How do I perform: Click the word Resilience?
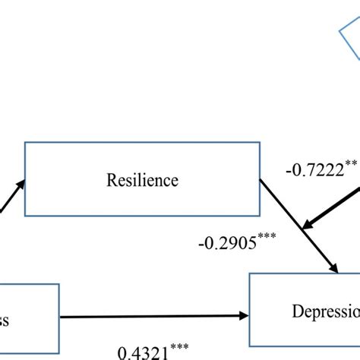(143, 181)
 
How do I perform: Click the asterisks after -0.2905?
(266, 238)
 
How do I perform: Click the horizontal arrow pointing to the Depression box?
(152, 315)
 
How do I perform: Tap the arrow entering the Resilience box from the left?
(9, 199)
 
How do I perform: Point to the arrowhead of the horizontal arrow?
(245, 315)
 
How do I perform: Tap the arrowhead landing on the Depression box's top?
(333, 267)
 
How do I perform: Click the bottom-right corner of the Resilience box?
(259, 215)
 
